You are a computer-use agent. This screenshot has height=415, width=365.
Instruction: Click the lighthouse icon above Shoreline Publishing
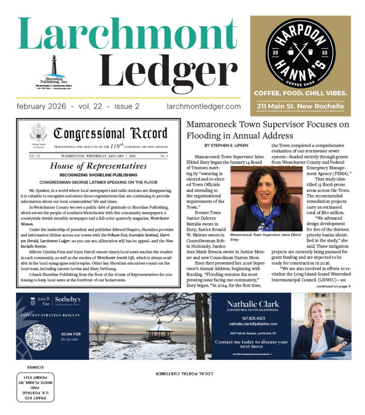pos(53,64)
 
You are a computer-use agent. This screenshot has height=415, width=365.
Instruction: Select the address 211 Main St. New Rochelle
pos(300,107)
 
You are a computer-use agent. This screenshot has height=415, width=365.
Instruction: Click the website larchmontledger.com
pos(204,107)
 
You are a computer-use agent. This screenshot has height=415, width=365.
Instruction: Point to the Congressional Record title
pos(110,133)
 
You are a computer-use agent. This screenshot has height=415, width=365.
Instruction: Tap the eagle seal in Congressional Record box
pos(38,133)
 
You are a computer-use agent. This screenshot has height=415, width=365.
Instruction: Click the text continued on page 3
pos(333,286)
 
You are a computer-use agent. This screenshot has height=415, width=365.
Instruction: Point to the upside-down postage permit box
pos(35,385)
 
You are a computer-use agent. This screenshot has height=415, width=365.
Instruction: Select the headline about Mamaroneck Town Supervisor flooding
pos(267,129)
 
